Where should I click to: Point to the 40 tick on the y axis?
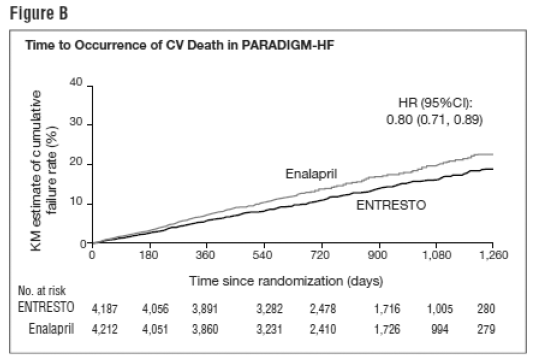[x=74, y=84]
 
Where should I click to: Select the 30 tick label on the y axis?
[x=74, y=124]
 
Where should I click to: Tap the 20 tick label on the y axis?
[x=74, y=163]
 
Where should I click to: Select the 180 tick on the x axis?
[x=149, y=255]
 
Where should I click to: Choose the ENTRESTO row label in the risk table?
[x=43, y=307]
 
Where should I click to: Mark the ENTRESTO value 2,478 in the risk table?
[x=320, y=308]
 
